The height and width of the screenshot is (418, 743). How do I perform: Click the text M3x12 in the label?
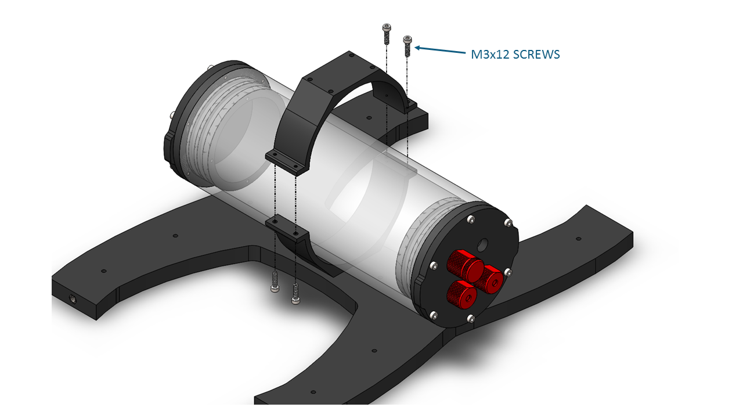click(489, 55)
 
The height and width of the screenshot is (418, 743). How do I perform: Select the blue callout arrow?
click(440, 50)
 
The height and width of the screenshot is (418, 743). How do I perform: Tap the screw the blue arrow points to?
click(407, 46)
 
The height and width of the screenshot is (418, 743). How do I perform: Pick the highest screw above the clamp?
click(387, 34)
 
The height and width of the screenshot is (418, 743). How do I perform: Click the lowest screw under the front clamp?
click(295, 294)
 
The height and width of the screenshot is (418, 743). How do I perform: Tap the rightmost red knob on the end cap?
click(489, 279)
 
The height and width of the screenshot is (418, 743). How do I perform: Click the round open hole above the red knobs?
click(483, 246)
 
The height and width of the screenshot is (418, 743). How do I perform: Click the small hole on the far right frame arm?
click(579, 239)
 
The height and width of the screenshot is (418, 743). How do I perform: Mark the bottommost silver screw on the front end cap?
click(471, 319)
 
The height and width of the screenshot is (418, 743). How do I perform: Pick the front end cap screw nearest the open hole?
click(471, 219)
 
